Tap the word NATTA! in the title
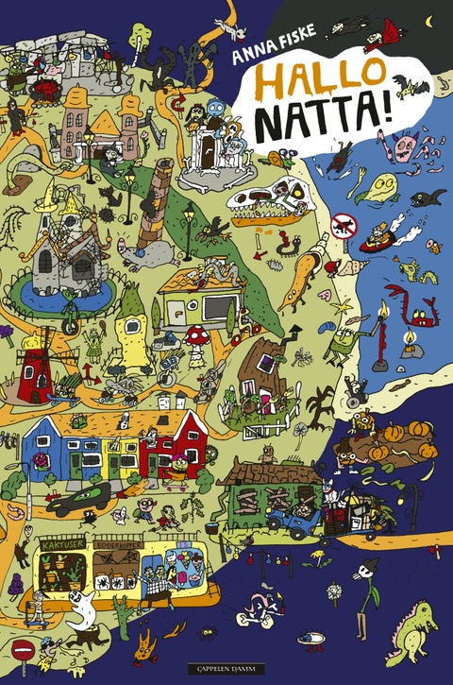click(x=320, y=122)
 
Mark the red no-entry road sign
click(x=23, y=651)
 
